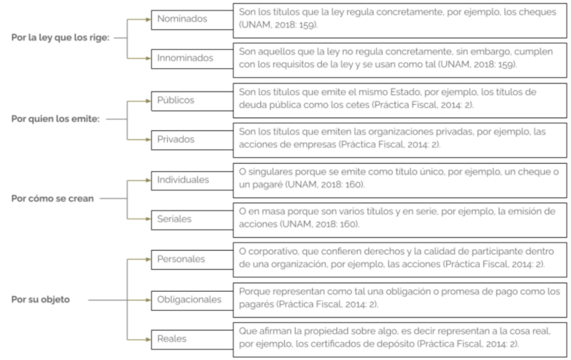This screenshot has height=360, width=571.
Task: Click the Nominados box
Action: (193, 19)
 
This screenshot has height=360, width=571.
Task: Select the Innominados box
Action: (193, 59)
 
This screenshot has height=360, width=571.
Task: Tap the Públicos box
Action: (193, 101)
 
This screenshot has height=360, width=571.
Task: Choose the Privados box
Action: (193, 140)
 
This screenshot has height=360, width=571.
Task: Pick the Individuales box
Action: (193, 180)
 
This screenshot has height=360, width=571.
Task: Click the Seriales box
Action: (193, 219)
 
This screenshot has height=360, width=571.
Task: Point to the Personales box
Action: (193, 260)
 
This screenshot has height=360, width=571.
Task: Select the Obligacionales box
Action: (193, 300)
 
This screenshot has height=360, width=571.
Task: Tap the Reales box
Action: (193, 340)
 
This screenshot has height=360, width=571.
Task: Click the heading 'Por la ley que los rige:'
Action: (60, 37)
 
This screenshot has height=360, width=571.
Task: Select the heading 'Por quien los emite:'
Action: (55, 119)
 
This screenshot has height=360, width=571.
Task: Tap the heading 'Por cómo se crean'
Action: (53, 199)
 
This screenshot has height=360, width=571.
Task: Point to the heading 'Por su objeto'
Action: (40, 300)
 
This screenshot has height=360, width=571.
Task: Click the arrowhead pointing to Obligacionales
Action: (148, 300)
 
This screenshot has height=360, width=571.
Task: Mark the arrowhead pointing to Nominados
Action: (148, 19)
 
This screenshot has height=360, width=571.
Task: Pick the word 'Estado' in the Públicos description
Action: (405, 91)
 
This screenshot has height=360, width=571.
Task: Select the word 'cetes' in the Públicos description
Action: (356, 105)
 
